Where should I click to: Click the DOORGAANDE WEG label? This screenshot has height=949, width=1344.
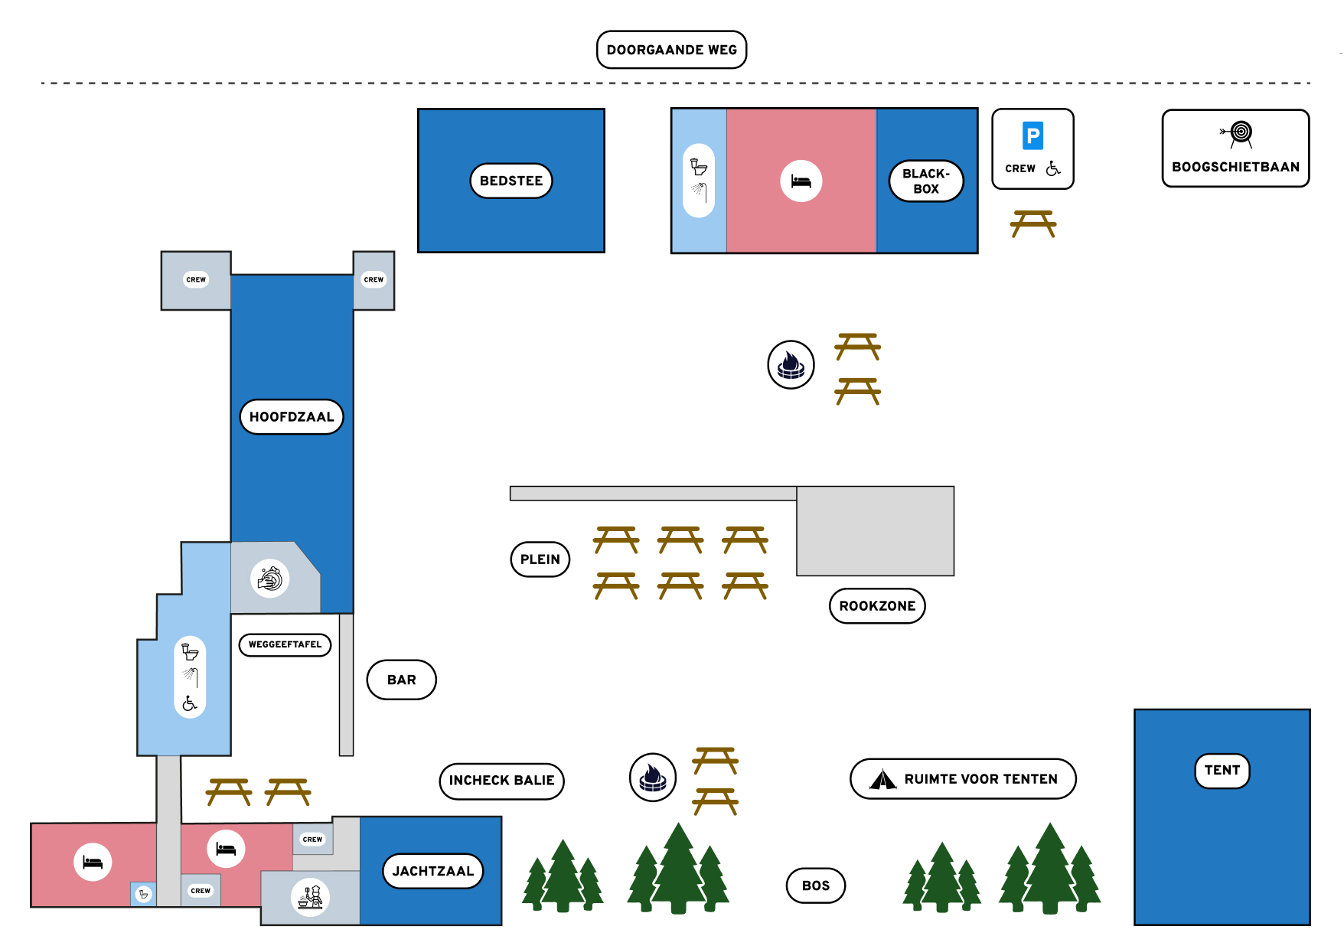671,50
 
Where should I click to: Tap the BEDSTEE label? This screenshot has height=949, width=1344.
511,181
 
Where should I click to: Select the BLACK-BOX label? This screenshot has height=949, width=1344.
925,181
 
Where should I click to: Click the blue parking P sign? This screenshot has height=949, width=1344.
1032,136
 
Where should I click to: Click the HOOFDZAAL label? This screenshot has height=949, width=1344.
292,417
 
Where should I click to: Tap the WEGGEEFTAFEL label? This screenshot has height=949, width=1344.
285,644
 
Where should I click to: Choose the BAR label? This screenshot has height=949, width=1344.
401,680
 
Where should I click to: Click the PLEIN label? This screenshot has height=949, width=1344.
540,559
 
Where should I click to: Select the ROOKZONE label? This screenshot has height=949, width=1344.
877,606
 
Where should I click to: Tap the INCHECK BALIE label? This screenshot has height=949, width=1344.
501,781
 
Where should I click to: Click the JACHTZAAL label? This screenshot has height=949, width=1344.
432,871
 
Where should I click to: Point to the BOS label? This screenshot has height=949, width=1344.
815,885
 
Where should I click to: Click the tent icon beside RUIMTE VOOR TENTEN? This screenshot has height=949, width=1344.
882,779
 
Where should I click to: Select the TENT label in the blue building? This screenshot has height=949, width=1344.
1222,770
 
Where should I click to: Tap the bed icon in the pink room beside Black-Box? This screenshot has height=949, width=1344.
801,181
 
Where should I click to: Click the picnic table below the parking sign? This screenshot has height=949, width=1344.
1032,223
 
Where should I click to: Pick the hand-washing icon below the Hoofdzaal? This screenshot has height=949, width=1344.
269,579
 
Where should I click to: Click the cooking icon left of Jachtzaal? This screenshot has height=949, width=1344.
310,897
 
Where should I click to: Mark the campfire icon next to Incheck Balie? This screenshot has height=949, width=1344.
652,778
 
